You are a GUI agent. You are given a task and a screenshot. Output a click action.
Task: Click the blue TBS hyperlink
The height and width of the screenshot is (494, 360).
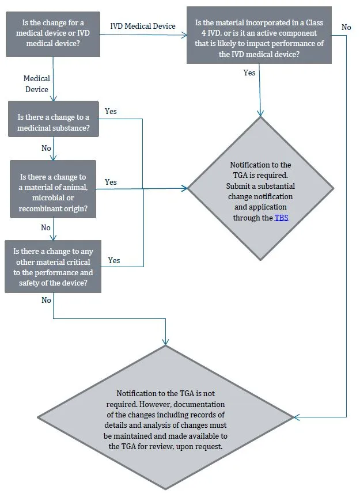[x=281, y=218]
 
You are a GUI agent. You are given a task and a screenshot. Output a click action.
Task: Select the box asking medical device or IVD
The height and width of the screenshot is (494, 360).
[x=53, y=33]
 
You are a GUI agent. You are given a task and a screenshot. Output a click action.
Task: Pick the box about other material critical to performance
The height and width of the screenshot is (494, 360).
[x=53, y=267]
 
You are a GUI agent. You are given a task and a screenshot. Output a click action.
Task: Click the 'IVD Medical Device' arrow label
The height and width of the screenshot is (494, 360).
[x=143, y=26]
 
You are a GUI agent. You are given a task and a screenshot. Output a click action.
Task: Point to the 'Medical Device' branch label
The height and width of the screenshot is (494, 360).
[x=37, y=84]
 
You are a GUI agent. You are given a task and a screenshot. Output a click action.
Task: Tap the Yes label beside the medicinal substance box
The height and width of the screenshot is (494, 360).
[x=111, y=111]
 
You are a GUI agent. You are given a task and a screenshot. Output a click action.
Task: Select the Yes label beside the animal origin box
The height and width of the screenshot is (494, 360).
[x=111, y=183]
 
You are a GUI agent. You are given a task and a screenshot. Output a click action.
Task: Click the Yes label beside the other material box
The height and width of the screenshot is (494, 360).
[x=114, y=261]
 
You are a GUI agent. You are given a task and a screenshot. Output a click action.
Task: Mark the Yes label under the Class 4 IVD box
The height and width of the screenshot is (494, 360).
[x=249, y=73]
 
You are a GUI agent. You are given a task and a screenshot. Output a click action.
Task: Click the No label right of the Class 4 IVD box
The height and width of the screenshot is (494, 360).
[x=346, y=27]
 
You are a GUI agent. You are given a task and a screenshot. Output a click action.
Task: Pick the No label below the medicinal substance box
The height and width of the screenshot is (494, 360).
[x=46, y=149]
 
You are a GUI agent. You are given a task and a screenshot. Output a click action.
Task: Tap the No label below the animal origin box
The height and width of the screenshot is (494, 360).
[x=46, y=228]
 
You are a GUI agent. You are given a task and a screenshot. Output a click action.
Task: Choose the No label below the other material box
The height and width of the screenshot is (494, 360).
[x=46, y=301]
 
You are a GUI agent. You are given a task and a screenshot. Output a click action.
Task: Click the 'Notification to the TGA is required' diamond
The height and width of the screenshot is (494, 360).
[x=261, y=188]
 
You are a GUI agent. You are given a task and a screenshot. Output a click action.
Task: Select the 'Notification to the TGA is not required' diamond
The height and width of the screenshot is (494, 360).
[x=166, y=417]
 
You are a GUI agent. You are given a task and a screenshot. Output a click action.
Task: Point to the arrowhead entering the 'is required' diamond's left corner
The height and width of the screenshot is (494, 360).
[x=185, y=188]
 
